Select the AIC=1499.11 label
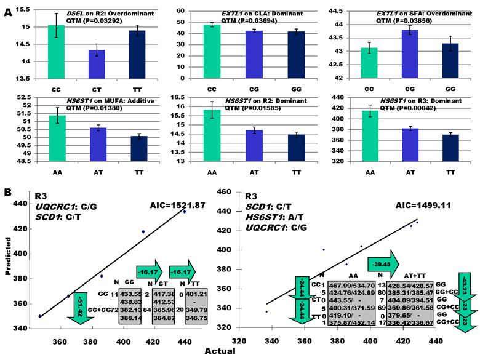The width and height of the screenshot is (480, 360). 402,207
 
